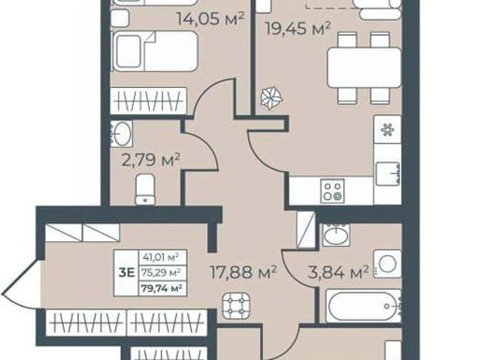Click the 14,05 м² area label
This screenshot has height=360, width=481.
[210, 18]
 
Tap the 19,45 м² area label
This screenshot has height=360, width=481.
[298, 29]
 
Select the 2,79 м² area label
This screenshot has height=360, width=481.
[150, 160]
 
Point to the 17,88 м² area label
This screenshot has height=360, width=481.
[244, 272]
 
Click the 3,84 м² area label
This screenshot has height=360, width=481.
[338, 272]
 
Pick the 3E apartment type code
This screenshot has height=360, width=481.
[126, 273]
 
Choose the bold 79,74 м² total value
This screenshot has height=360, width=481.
[162, 289]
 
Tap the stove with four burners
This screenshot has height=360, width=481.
[332, 191]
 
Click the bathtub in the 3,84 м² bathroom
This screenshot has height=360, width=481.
[363, 306]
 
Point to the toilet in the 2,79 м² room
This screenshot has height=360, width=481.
[145, 189]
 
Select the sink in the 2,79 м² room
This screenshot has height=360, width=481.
[122, 133]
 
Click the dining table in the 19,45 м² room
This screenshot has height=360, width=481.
[364, 68]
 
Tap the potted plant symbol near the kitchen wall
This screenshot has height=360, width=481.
[271, 98]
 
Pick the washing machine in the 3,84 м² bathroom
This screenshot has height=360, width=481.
[388, 264]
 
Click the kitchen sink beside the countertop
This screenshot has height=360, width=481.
[388, 174]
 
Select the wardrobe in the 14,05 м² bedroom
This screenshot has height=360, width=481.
[149, 101]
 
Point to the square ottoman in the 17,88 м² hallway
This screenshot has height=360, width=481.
[236, 305]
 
